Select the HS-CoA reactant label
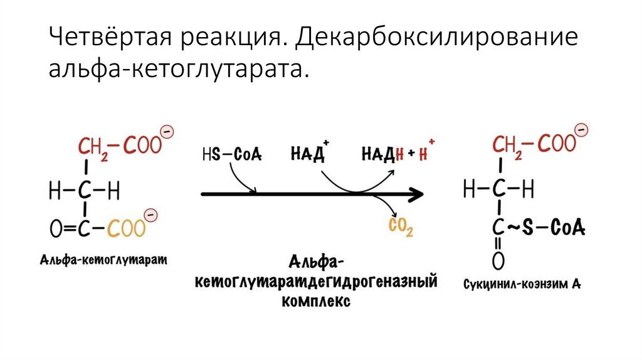(x=233, y=152)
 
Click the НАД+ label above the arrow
(x=310, y=152)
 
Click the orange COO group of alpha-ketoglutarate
(x=125, y=229)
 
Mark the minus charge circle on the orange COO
(x=150, y=214)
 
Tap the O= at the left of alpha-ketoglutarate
(x=60, y=230)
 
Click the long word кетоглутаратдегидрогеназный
(x=316, y=282)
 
